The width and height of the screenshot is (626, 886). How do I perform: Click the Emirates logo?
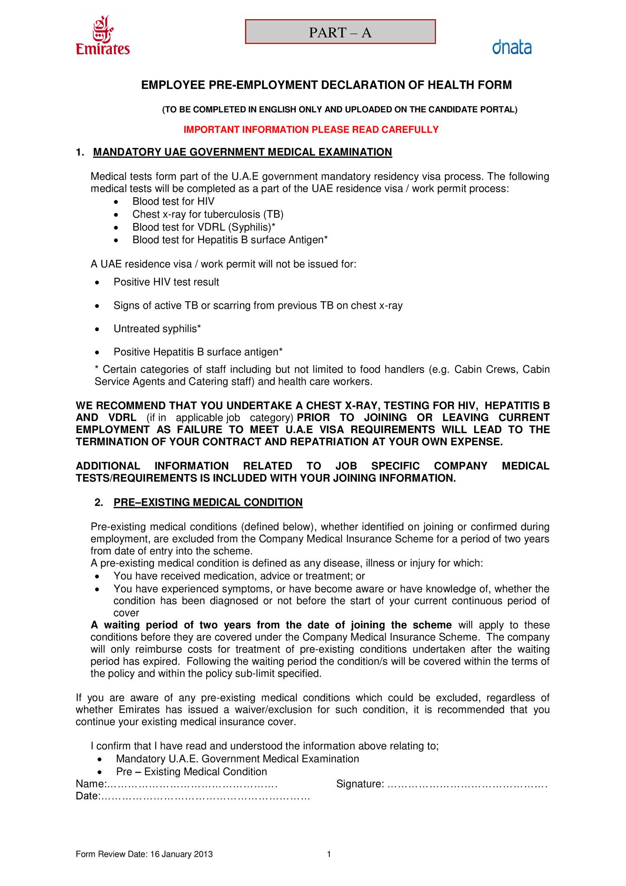click(103, 36)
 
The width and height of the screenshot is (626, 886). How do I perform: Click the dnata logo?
click(512, 47)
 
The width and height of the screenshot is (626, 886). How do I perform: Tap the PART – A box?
click(340, 32)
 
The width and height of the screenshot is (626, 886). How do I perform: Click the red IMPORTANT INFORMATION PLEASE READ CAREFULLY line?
click(311, 129)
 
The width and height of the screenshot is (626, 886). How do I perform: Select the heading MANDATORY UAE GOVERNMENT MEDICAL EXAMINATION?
click(242, 152)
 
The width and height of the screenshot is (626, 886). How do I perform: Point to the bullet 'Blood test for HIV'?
click(173, 201)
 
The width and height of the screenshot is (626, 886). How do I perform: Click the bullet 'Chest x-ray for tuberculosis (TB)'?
click(208, 214)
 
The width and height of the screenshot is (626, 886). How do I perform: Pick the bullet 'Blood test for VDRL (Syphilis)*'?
click(204, 227)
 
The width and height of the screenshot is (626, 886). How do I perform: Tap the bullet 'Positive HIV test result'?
click(166, 282)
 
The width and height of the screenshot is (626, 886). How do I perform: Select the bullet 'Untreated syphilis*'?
click(157, 329)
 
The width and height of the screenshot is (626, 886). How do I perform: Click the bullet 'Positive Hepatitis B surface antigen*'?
click(198, 352)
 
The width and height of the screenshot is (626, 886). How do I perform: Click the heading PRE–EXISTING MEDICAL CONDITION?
click(208, 502)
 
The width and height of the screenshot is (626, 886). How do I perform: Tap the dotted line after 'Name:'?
click(192, 784)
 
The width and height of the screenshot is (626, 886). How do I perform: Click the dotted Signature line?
click(467, 784)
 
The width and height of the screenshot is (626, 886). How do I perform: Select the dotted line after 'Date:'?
click(205, 796)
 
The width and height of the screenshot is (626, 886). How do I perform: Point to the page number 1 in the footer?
click(329, 854)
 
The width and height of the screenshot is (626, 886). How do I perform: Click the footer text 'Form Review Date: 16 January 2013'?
click(144, 854)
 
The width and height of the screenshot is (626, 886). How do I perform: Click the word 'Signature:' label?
click(360, 784)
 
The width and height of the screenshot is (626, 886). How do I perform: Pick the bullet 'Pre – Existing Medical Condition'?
click(191, 772)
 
